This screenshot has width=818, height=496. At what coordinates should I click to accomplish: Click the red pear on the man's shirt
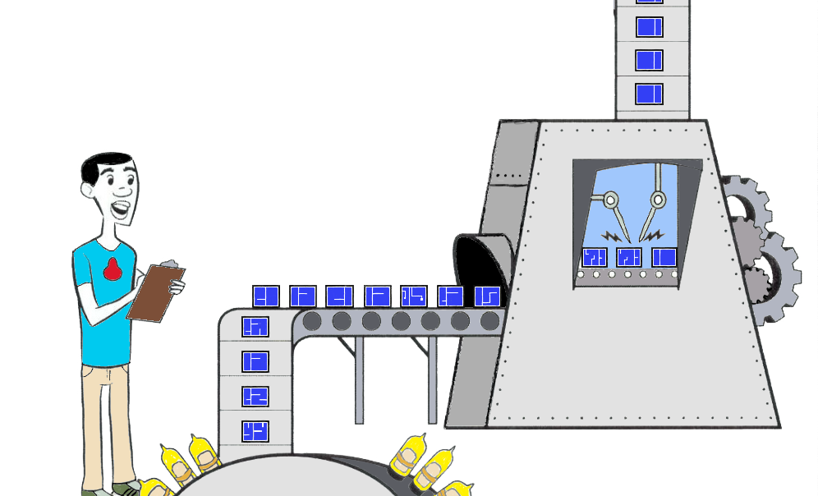click(x=113, y=269)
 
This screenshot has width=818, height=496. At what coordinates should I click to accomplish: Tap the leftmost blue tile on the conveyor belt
click(x=265, y=296)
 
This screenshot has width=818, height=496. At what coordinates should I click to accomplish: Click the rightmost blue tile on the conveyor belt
click(x=487, y=296)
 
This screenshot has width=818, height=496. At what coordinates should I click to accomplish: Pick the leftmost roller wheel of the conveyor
click(x=312, y=321)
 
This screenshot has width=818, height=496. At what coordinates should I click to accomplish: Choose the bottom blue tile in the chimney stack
click(x=649, y=94)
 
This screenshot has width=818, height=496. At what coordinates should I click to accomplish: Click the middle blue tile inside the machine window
click(x=628, y=257)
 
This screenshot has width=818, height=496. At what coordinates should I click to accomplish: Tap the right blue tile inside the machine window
click(x=664, y=257)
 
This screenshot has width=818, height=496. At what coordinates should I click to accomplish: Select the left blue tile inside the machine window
click(x=594, y=257)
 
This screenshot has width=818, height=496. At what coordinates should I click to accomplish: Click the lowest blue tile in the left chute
click(x=255, y=430)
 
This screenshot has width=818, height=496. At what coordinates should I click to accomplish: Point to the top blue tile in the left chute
click(x=255, y=326)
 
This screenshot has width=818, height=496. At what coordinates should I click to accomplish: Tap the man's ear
click(x=87, y=188)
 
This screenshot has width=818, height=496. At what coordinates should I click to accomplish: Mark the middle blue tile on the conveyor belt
click(x=377, y=296)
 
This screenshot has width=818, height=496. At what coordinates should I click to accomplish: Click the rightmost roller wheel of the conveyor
click(x=489, y=321)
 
